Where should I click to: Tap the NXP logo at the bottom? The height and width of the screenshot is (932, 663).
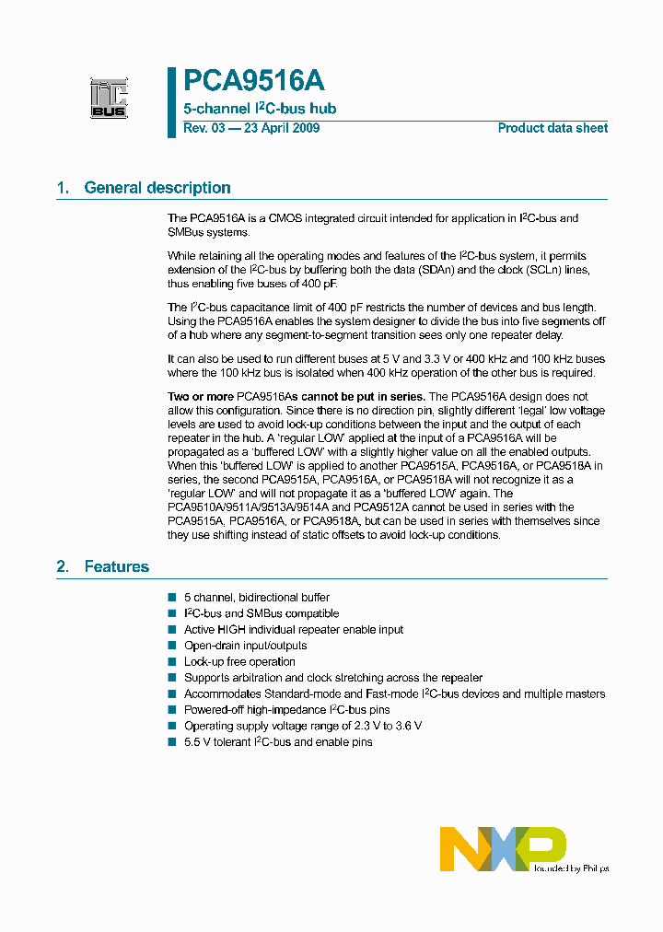click(x=503, y=847)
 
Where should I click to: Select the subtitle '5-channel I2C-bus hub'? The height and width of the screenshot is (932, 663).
click(x=260, y=109)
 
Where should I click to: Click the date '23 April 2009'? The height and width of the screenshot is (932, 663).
click(x=281, y=128)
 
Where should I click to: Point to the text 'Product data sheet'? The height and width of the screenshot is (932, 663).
click(x=552, y=128)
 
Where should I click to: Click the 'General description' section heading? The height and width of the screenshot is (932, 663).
click(x=157, y=188)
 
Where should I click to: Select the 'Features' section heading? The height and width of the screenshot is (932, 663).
click(x=116, y=566)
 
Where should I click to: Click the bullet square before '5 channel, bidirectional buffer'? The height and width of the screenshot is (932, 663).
click(x=172, y=598)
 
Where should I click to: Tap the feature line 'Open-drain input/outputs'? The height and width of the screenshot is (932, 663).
click(x=245, y=646)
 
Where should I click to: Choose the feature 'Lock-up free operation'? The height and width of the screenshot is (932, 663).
click(x=239, y=661)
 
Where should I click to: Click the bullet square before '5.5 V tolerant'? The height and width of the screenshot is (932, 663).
click(x=172, y=742)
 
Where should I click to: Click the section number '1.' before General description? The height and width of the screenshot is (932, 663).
click(x=63, y=188)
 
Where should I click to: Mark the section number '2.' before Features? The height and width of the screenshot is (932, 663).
click(x=63, y=566)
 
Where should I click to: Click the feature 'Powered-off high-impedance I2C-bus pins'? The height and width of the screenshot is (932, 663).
click(x=286, y=710)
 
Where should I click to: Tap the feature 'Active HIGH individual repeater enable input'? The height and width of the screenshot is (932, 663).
click(x=293, y=630)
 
